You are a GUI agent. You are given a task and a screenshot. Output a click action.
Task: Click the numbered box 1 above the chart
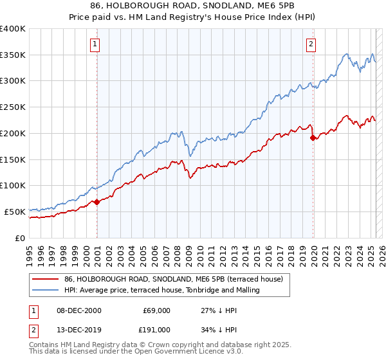[x=95, y=44]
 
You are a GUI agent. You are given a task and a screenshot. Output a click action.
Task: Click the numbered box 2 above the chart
[x=311, y=44]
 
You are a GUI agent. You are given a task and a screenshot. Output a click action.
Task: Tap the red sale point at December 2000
[x=97, y=202]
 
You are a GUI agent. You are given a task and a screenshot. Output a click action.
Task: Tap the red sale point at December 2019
[x=313, y=138]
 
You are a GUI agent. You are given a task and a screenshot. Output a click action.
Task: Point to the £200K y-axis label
[x=13, y=133]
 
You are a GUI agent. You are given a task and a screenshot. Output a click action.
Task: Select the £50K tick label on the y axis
[x=15, y=212]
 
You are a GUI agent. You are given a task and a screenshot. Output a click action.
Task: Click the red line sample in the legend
[x=46, y=279]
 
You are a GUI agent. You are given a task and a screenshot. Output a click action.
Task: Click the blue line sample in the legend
[x=46, y=290]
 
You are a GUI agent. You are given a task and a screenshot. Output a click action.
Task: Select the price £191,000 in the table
[x=156, y=329]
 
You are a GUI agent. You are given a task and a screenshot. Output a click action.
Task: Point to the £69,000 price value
[x=156, y=310]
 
